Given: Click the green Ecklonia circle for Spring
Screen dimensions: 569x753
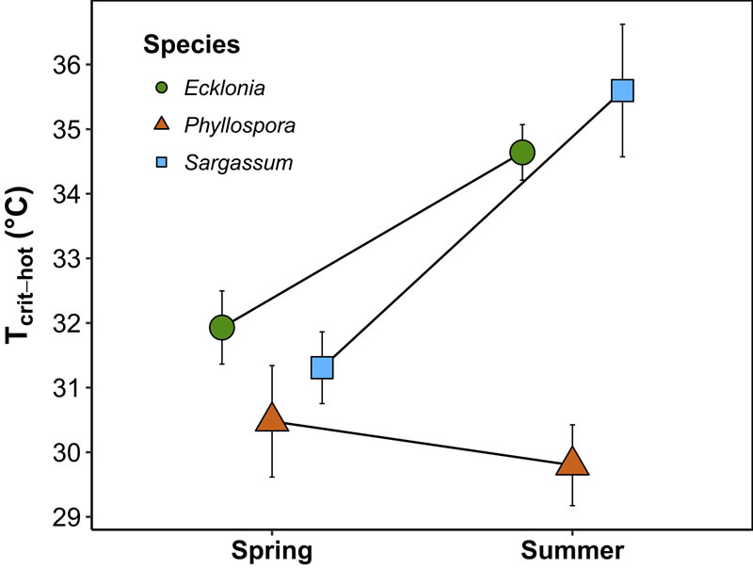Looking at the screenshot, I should click(x=221, y=327).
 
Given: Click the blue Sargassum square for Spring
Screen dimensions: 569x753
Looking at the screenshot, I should click(x=322, y=367).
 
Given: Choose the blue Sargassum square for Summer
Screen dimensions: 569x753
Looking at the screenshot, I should click(x=622, y=90).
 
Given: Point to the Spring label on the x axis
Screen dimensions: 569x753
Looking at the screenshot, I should click(x=272, y=550).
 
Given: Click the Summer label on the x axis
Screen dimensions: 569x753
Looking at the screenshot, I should click(x=572, y=550).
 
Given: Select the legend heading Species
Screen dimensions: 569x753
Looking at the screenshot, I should click(x=190, y=43).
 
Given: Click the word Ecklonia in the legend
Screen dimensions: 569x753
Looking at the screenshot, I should click(x=223, y=89).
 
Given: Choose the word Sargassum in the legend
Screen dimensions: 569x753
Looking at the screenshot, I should click(x=238, y=162).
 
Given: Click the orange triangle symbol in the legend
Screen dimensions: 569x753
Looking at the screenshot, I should click(x=162, y=124).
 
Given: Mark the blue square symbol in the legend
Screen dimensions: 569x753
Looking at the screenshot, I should click(x=162, y=162).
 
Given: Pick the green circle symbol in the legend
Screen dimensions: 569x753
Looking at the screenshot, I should click(x=162, y=89).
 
